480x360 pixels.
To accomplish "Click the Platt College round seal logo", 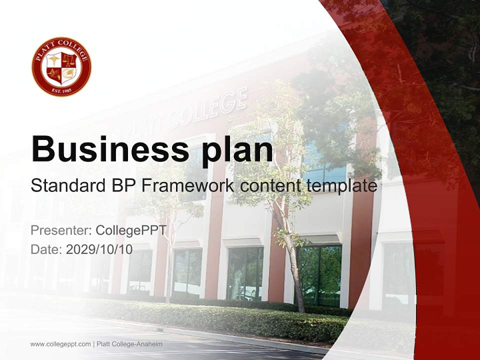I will (x=61, y=66).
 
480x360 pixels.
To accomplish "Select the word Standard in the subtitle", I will (x=66, y=186).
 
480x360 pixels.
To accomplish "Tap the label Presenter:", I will (x=60, y=230).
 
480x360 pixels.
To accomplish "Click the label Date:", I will (x=46, y=249).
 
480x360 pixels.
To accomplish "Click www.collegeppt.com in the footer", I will (x=60, y=344).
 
